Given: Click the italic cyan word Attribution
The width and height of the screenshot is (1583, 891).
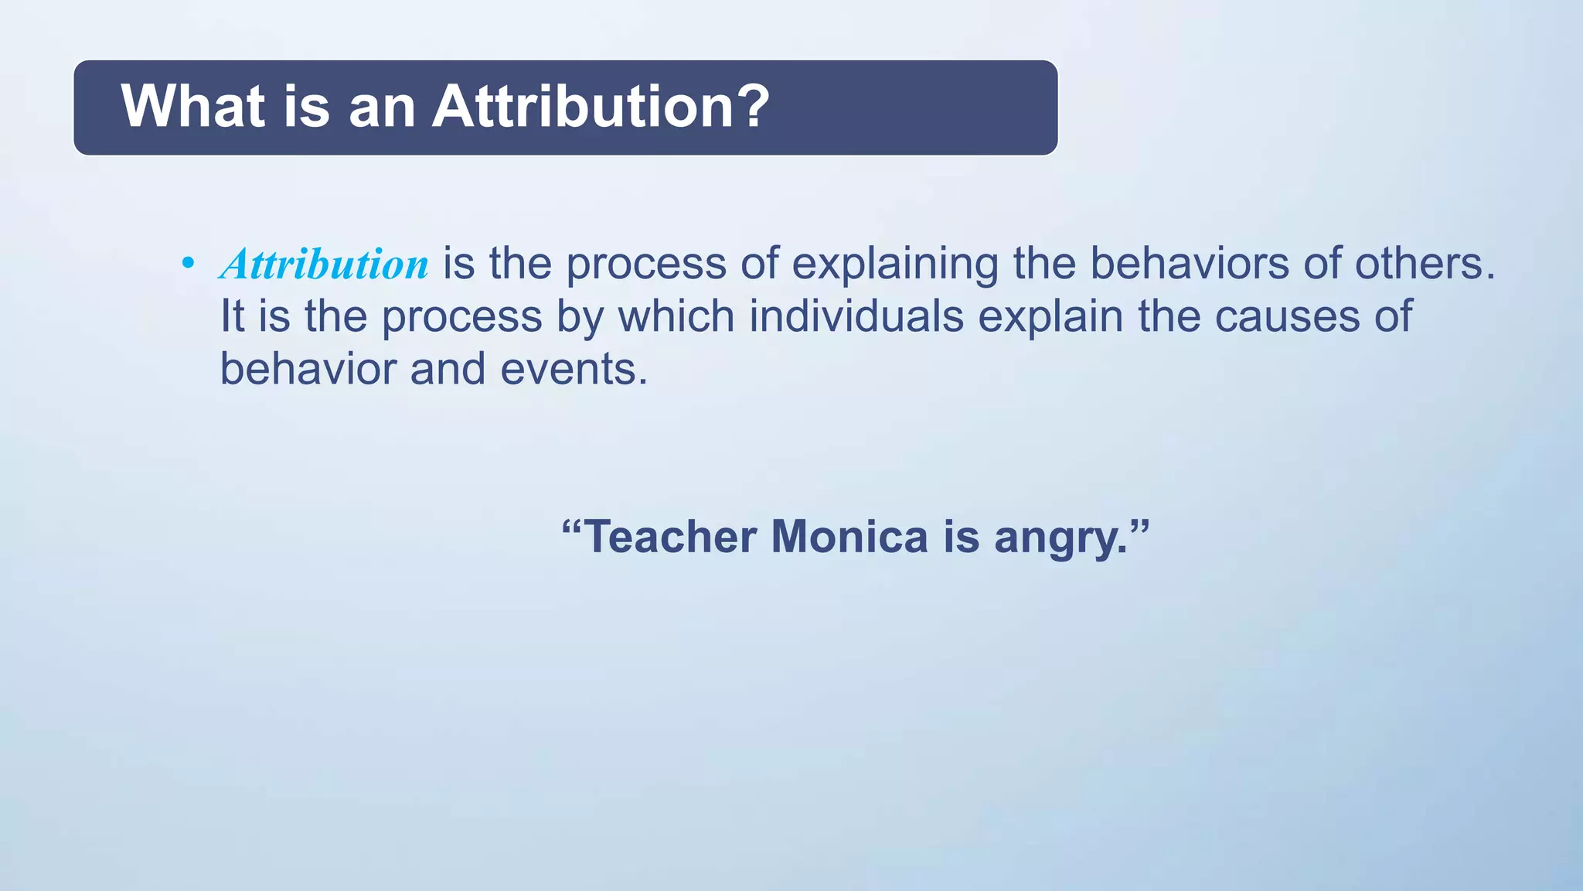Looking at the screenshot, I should pyautogui.click(x=325, y=265).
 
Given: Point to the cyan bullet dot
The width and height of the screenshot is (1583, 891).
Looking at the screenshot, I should pyautogui.click(x=188, y=264).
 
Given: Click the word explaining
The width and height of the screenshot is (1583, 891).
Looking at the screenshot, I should pyautogui.click(x=895, y=265).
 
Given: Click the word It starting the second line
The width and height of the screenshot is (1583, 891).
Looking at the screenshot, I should pyautogui.click(x=232, y=316).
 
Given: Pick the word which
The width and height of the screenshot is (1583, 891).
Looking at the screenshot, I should pyautogui.click(x=676, y=316).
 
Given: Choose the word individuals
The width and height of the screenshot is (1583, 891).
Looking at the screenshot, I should pyautogui.click(x=856, y=316).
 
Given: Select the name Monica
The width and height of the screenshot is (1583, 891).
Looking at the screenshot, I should pyautogui.click(x=849, y=537).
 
